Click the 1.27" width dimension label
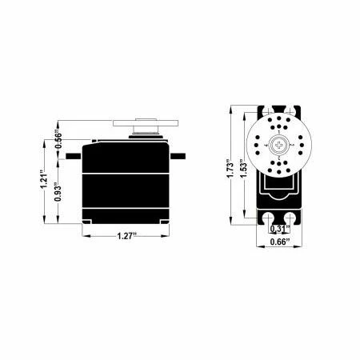coord(127,236)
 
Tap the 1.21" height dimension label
coord(44,179)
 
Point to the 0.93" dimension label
coord(58,192)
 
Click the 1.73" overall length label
coord(230,169)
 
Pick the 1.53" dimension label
coord(243,169)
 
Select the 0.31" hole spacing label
coord(280,229)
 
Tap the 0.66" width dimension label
coord(280,242)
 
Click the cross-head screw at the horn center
coord(279,145)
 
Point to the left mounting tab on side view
coord(74,156)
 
